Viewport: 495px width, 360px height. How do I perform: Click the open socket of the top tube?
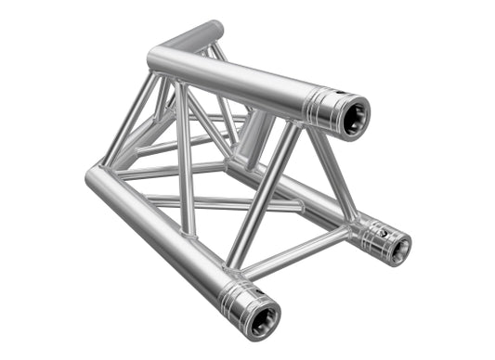pos(353,116)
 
